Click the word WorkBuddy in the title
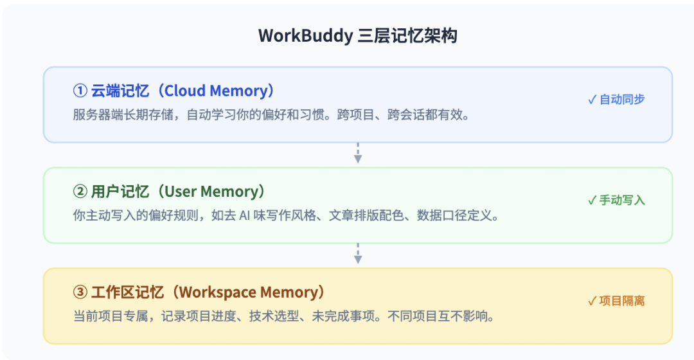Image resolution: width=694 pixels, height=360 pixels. tap(305, 36)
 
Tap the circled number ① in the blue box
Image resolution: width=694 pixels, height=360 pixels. tap(80, 91)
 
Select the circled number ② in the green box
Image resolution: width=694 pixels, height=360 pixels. tap(80, 192)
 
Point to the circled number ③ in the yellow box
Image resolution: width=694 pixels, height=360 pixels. tap(80, 292)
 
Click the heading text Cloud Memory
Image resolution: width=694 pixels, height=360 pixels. tap(216, 91)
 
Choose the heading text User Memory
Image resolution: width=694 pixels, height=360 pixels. tap(211, 192)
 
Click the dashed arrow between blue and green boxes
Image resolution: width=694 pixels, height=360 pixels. tap(358, 153)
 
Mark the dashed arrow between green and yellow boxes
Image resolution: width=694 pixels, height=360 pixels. tap(358, 254)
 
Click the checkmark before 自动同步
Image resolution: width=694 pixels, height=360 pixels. tap(592, 100)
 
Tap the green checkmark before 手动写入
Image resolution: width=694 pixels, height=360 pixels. tap(592, 201)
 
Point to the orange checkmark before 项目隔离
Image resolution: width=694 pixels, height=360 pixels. tap(592, 301)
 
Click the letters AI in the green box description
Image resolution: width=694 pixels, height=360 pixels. tap(245, 215)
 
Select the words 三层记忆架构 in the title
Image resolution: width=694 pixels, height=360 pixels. tap(407, 36)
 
